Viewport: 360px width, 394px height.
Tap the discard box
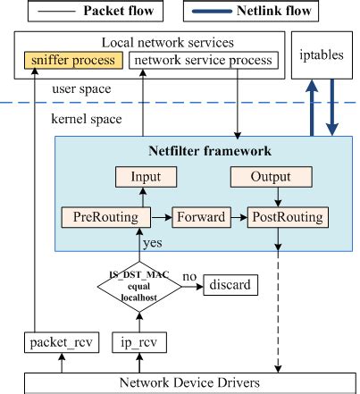[x=229, y=286]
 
